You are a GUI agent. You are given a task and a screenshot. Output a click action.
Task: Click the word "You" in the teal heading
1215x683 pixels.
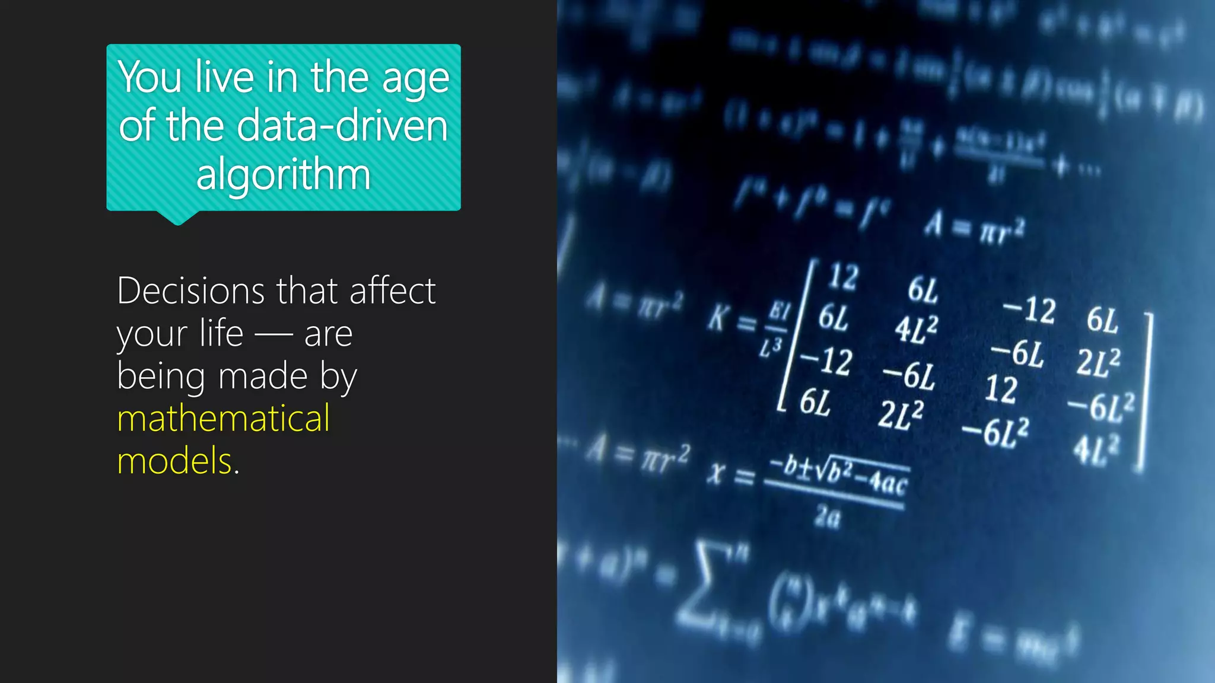pos(150,78)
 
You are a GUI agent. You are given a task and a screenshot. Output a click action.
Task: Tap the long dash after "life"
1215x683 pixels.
pos(273,335)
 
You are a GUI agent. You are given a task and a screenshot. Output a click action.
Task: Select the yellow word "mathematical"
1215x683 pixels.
pos(224,418)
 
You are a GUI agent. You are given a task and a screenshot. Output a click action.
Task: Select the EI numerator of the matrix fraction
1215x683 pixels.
pos(780,311)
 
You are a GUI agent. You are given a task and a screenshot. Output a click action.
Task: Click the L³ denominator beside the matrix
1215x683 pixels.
pos(771,347)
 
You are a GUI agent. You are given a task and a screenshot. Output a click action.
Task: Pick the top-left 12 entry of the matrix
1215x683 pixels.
pos(843,277)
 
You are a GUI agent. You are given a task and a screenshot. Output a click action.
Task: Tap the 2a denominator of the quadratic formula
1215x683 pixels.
pos(828,518)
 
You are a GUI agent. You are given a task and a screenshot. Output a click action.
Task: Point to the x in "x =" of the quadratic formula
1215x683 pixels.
pos(717,473)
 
